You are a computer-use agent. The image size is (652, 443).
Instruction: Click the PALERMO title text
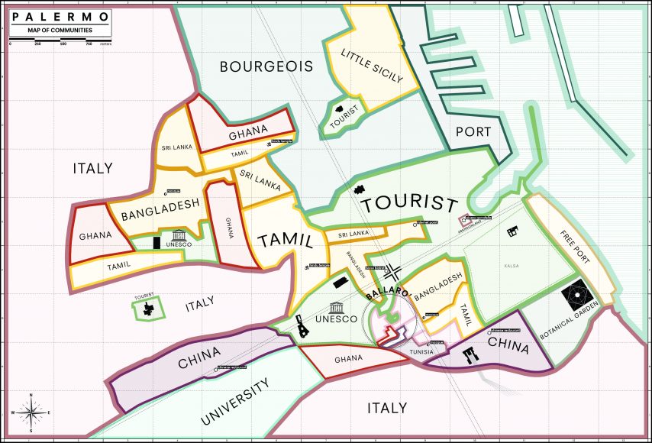[x=60, y=15]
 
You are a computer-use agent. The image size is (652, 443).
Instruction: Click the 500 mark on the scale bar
[x=63, y=44]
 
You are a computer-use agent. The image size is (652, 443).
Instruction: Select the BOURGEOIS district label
[x=266, y=66]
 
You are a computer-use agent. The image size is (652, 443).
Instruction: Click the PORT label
[x=473, y=131]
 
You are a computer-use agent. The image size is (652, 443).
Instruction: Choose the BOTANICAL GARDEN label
[x=577, y=324]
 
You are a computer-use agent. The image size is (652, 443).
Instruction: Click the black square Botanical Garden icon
[x=578, y=294]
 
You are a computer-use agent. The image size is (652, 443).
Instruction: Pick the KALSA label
[x=511, y=265]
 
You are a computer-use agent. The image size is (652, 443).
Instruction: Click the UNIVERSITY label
[x=236, y=402]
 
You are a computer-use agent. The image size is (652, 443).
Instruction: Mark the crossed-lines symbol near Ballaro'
[x=392, y=271]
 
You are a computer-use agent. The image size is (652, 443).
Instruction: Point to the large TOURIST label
[x=409, y=205]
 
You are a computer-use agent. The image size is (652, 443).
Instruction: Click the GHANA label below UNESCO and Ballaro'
[x=347, y=359]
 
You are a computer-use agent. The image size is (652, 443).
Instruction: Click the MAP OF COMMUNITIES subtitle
[x=60, y=30]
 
